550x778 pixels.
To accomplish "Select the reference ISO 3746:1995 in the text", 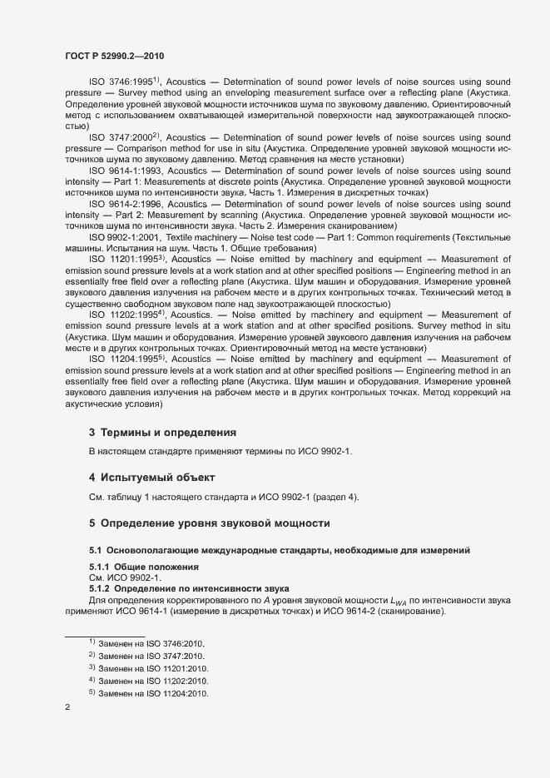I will pos(119,82).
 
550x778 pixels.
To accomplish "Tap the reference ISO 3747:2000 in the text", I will pos(119,136).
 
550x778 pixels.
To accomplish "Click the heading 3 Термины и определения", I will pos(163,433).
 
